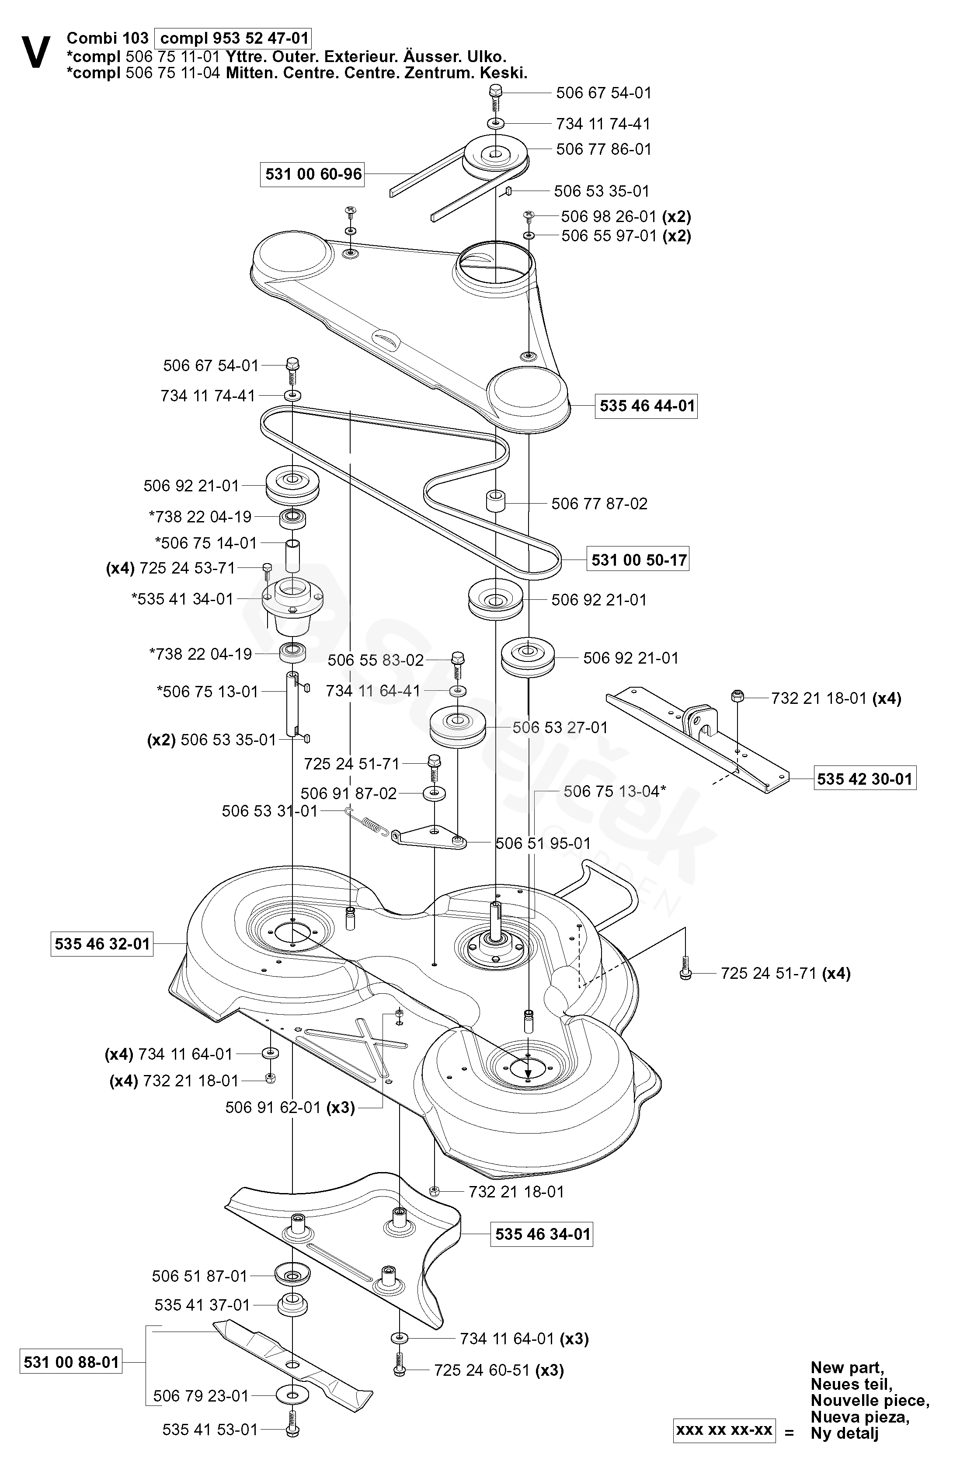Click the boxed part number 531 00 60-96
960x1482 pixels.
(313, 174)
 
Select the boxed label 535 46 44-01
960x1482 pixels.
(647, 406)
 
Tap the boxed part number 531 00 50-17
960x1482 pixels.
(639, 560)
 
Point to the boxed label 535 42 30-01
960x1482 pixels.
(865, 779)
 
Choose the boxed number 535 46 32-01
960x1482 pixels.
(102, 944)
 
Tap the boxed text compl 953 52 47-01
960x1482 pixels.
(233, 38)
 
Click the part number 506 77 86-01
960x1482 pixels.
(603, 150)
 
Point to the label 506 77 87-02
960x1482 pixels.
(599, 503)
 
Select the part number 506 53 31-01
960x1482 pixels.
(270, 811)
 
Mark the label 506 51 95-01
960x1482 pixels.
(543, 844)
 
